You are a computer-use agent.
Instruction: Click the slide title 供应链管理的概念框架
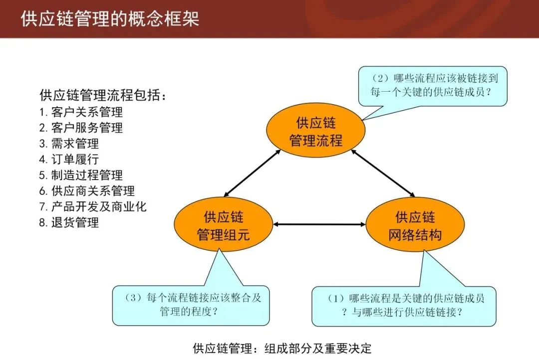tap(110, 19)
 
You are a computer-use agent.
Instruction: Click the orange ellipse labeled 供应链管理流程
tap(316, 132)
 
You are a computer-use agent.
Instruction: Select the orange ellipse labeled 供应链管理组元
tap(223, 225)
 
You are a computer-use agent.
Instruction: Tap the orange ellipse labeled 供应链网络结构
tap(415, 225)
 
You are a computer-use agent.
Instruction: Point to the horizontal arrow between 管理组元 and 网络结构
tap(319, 225)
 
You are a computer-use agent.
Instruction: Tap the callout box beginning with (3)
tap(191, 304)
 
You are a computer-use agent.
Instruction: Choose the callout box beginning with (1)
tap(404, 305)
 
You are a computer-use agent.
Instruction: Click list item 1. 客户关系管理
tap(81, 112)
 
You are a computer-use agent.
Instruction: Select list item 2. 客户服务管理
tap(81, 128)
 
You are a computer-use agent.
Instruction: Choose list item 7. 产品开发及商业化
tap(93, 206)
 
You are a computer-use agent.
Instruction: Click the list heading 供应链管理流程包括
tap(103, 95)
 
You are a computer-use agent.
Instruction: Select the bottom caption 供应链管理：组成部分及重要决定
tap(282, 348)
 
